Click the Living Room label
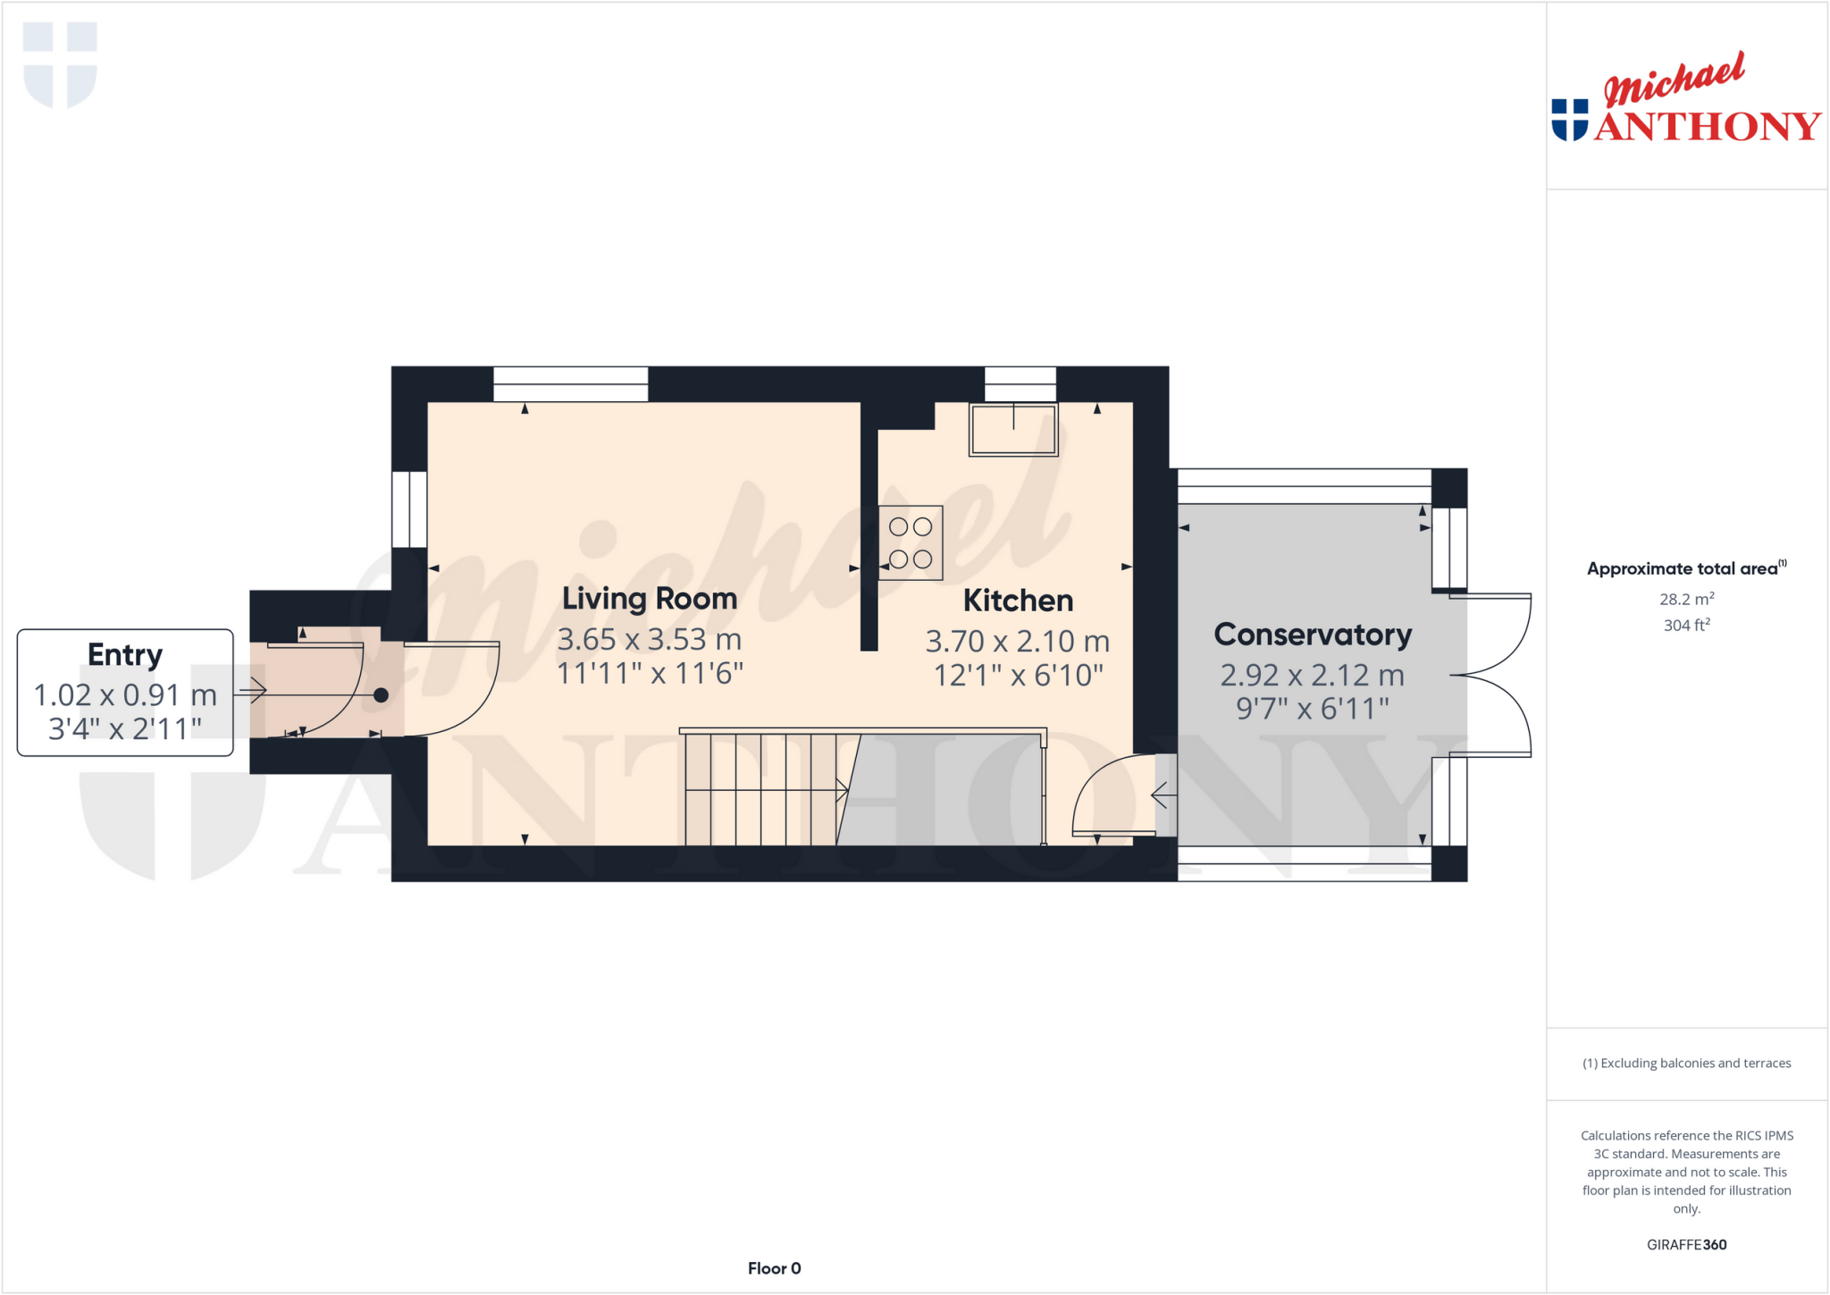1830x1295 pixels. [x=650, y=599]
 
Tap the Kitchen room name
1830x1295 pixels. [x=1018, y=601]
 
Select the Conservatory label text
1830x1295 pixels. [x=1313, y=635]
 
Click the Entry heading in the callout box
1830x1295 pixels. [x=125, y=655]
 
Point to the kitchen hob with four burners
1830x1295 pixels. [x=911, y=542]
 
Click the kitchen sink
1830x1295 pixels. [x=1013, y=430]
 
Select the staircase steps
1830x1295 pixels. [x=761, y=789]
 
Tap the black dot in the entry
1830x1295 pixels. [x=381, y=695]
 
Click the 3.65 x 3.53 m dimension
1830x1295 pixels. [x=650, y=640]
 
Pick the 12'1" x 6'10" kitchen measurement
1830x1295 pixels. [x=1018, y=676]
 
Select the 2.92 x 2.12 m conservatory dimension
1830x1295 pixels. [x=1313, y=676]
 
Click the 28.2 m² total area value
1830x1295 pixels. [x=1686, y=599]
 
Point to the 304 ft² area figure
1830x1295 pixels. [x=1686, y=626]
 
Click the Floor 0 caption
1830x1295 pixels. [x=774, y=1268]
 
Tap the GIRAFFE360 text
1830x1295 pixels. [x=1686, y=1244]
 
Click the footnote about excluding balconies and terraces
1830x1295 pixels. [x=1686, y=1064]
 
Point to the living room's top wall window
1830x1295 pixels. [x=571, y=384]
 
